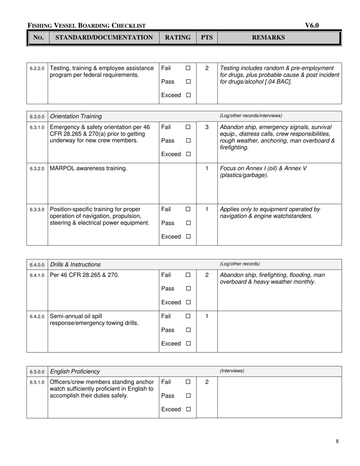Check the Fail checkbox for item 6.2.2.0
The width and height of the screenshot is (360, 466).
[x=188, y=68]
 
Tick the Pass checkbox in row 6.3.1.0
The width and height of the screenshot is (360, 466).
[x=188, y=141]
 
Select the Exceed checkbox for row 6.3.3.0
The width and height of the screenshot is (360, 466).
[x=188, y=237]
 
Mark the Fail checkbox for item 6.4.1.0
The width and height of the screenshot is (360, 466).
[x=188, y=275]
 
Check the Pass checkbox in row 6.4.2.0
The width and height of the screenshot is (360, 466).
[x=188, y=330]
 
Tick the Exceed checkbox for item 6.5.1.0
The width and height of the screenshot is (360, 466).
[x=188, y=410]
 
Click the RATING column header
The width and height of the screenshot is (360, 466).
[x=177, y=38]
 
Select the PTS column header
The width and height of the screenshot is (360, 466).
[x=207, y=38]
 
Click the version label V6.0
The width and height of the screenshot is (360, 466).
[x=312, y=25]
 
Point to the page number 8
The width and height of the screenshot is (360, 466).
[x=337, y=441]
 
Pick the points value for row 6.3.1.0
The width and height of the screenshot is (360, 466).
[x=207, y=127]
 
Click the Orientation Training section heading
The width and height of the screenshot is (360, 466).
[x=76, y=116]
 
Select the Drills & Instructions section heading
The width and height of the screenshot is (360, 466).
[x=75, y=264]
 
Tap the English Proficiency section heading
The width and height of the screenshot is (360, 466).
[x=75, y=372]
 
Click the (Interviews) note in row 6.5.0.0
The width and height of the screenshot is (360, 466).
[x=232, y=371]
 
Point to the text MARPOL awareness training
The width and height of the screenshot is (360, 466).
[x=88, y=168]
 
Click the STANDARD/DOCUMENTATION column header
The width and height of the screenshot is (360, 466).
[x=104, y=38]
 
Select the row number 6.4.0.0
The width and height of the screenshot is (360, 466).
[x=37, y=265]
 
